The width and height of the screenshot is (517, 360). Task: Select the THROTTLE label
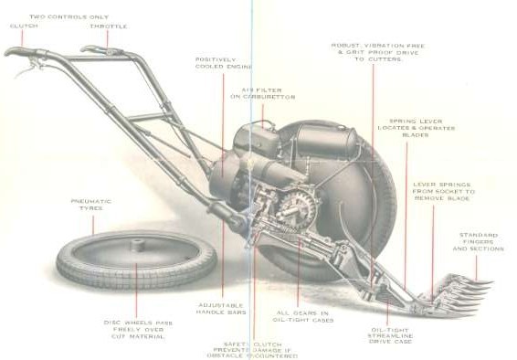pos(108,26)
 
